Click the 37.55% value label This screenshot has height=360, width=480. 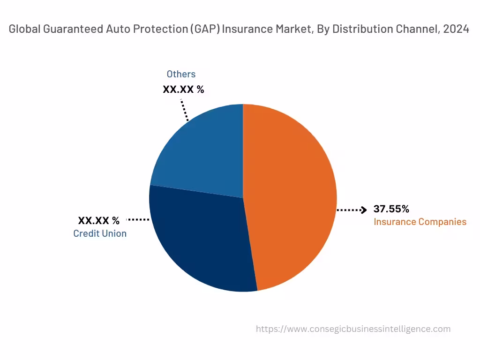click(x=391, y=209)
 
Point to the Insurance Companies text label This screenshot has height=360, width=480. click(x=420, y=222)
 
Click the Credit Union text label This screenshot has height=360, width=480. click(x=100, y=233)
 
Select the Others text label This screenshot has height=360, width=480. click(x=181, y=74)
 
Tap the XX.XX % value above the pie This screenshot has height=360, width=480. click(x=183, y=89)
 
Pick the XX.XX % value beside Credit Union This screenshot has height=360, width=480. click(x=98, y=220)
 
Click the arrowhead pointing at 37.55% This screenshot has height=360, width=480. click(x=363, y=210)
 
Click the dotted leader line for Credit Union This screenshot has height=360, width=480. click(x=138, y=219)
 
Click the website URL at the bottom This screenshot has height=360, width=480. click(x=353, y=329)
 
